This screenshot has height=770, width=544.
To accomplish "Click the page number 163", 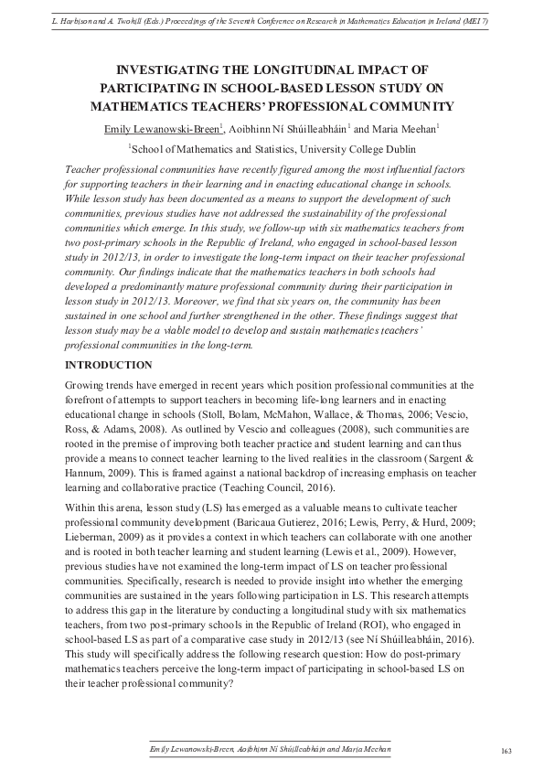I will tap(506, 751).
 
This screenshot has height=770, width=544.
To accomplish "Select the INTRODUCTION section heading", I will tap(108, 365).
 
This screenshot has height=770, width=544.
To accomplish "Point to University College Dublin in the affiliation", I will tap(351, 149).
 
